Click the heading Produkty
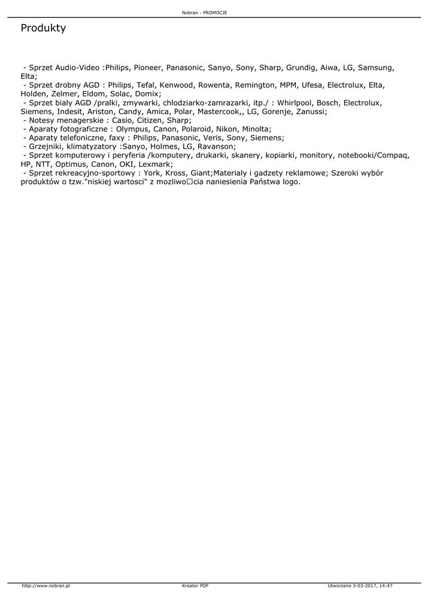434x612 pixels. (x=43, y=28)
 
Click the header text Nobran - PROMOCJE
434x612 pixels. (x=204, y=13)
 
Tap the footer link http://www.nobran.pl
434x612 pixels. (x=46, y=586)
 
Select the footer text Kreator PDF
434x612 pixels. (x=195, y=586)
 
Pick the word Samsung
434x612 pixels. (x=376, y=68)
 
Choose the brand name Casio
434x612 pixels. (x=123, y=120)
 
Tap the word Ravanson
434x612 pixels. (x=216, y=146)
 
